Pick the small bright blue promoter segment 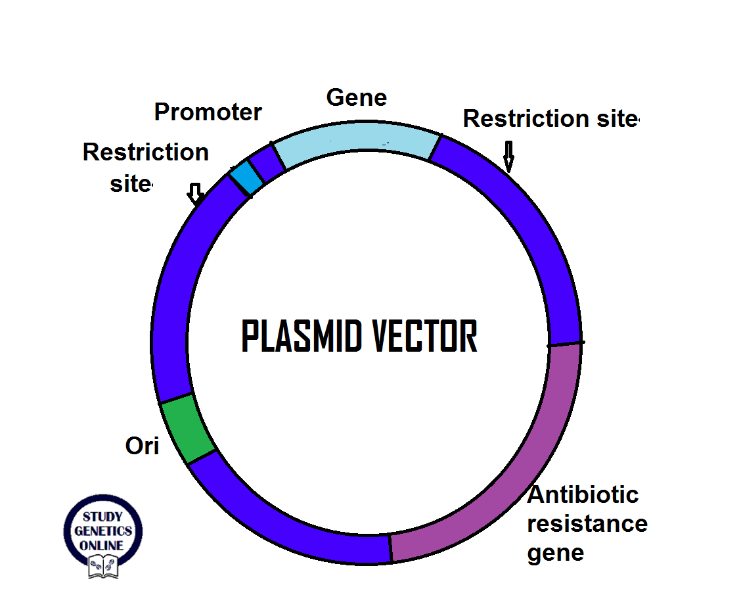(246, 177)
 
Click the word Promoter (208, 112)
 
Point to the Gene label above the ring (357, 98)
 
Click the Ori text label (143, 446)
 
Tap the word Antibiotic (583, 494)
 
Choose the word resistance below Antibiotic (587, 524)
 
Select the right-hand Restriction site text (550, 119)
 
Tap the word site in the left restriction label (129, 184)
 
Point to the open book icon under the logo (103, 565)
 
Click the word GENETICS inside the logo (102, 531)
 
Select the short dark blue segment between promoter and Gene (268, 165)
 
